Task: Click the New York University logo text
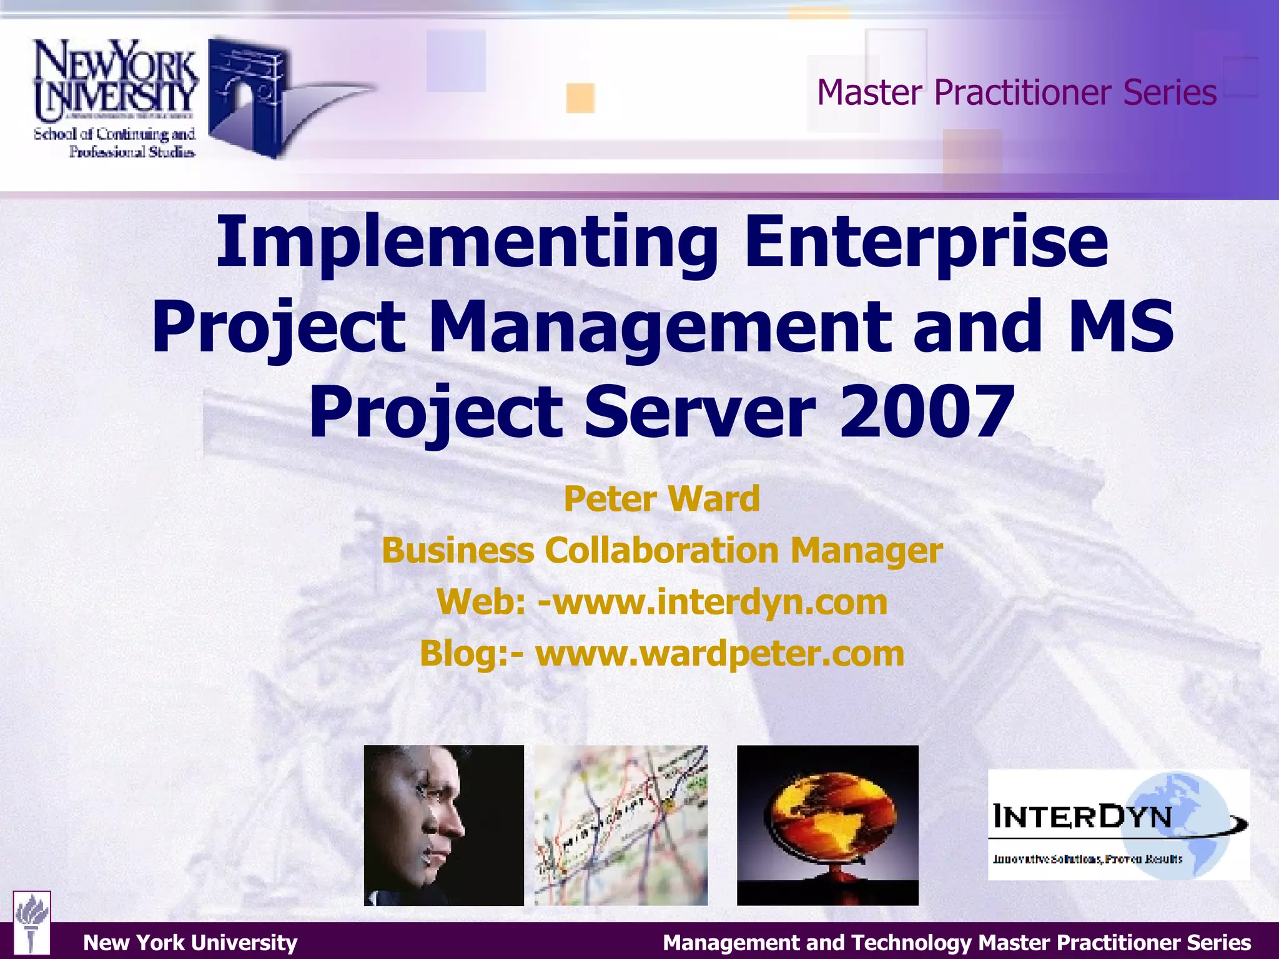click(116, 81)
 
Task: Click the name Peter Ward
click(662, 499)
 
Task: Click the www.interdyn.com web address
click(712, 602)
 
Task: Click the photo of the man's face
click(443, 825)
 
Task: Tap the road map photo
click(621, 825)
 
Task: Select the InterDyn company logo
click(1118, 825)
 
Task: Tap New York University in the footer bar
click(190, 942)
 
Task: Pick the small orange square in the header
click(580, 98)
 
